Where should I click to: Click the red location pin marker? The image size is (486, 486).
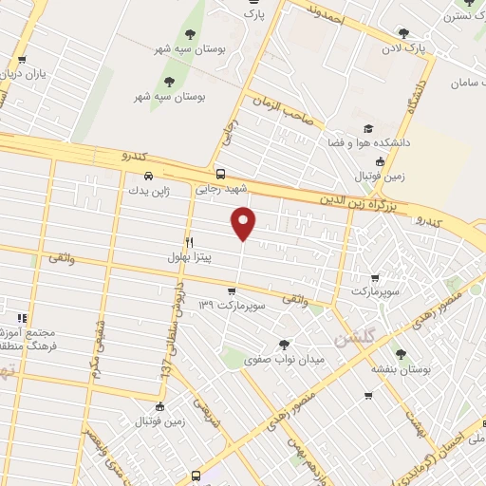click(x=244, y=222)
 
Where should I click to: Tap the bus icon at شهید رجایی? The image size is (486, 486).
click(x=220, y=174)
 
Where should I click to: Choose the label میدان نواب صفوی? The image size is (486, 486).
click(x=285, y=361)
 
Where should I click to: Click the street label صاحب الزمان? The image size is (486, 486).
click(x=281, y=108)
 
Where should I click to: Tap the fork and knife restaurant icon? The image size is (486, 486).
click(x=190, y=242)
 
